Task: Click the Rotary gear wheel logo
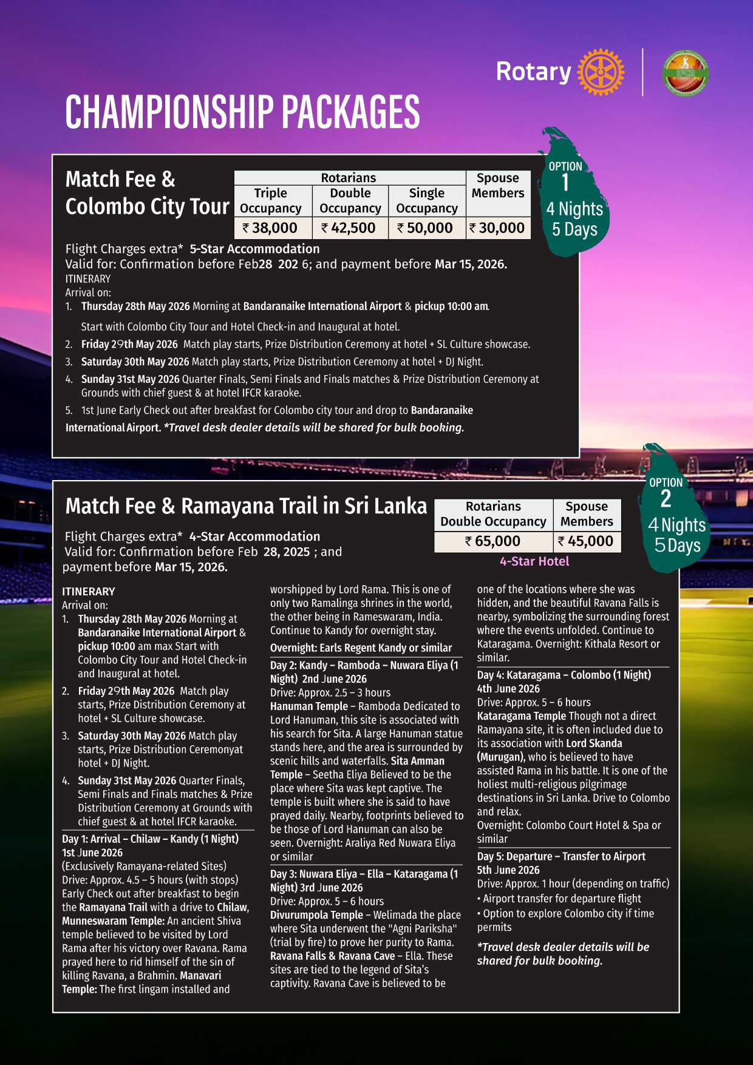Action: (x=600, y=72)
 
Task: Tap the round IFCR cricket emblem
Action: (x=685, y=72)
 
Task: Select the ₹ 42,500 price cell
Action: (x=350, y=228)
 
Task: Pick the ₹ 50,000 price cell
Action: (x=427, y=228)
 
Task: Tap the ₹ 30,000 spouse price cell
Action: (x=498, y=228)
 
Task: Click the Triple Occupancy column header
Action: (x=271, y=201)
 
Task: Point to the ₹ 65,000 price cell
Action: (x=493, y=541)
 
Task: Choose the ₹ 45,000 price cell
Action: (x=587, y=541)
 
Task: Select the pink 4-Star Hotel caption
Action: (x=534, y=562)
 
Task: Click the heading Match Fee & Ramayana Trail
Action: (x=246, y=506)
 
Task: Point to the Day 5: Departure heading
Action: (x=561, y=856)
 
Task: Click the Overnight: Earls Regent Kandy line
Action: (x=361, y=648)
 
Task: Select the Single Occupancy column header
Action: (x=427, y=201)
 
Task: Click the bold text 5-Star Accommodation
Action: (x=254, y=249)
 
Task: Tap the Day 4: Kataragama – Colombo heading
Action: (x=564, y=675)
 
